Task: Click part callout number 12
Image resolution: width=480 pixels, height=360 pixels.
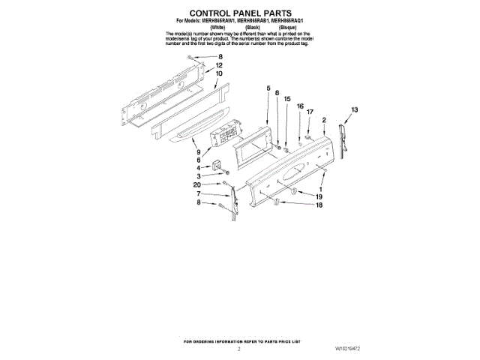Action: point(219,65)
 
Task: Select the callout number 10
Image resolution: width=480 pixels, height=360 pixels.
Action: point(219,74)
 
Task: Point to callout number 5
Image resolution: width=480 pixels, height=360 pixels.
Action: point(268,89)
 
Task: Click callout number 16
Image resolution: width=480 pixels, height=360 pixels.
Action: point(300,106)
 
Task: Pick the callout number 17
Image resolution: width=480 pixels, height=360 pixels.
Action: point(310,112)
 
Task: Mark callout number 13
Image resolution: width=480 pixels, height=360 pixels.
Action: point(355,110)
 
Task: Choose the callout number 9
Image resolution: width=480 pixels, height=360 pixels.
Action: point(199,152)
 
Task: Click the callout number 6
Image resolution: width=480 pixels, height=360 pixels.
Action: point(199,160)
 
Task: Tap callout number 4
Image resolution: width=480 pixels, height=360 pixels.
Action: point(199,169)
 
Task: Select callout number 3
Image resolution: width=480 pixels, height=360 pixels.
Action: point(199,177)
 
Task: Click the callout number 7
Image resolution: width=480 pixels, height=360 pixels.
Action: point(199,194)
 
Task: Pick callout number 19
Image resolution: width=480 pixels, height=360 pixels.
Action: point(319,196)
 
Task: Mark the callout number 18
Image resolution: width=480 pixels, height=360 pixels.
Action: point(319,205)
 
